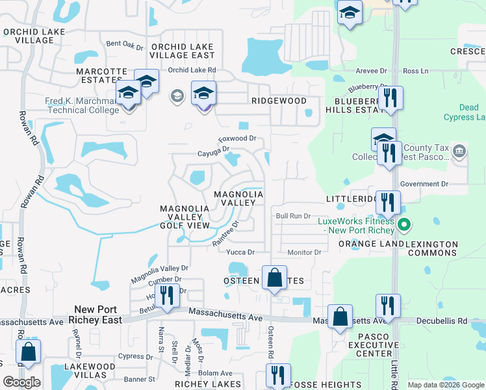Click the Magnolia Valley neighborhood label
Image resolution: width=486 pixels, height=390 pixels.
pyautogui.click(x=238, y=198)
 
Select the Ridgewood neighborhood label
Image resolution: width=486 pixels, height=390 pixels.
pyautogui.click(x=279, y=101)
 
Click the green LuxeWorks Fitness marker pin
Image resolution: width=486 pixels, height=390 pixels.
pyautogui.click(x=404, y=226)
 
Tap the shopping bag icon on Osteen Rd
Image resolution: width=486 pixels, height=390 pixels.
pyautogui.click(x=275, y=278)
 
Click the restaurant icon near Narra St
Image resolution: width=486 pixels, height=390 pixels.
pyautogui.click(x=168, y=296)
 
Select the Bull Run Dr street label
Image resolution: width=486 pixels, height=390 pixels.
pyautogui.click(x=293, y=216)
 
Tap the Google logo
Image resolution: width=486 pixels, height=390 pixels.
pyautogui.click(x=21, y=382)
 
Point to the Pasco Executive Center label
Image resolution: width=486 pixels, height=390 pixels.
pyautogui.click(x=364, y=345)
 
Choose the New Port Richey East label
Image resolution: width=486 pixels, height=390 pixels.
pyautogui.click(x=99, y=315)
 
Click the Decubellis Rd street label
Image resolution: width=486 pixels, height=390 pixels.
pyautogui.click(x=443, y=320)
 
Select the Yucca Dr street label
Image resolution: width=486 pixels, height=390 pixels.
pyautogui.click(x=240, y=252)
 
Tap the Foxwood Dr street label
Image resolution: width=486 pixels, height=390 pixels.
pyautogui.click(x=237, y=138)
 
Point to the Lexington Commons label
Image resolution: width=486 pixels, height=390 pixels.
pyautogui.click(x=432, y=249)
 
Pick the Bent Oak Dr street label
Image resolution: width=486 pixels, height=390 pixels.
pyautogui.click(x=125, y=45)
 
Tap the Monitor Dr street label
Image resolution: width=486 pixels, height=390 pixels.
pyautogui.click(x=304, y=252)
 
